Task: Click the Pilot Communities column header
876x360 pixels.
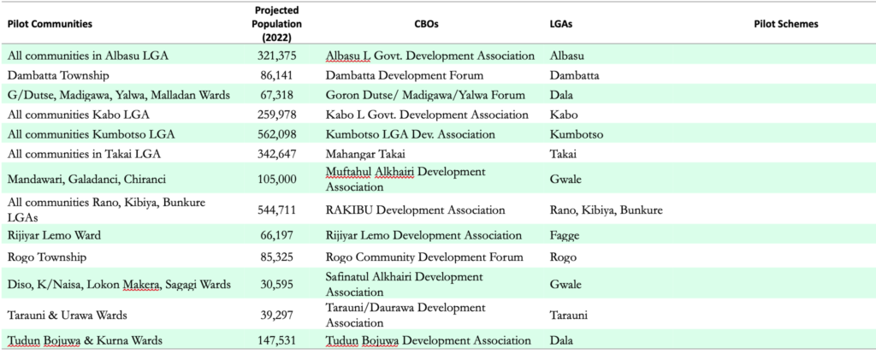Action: (x=50, y=24)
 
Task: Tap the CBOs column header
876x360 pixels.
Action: (x=429, y=24)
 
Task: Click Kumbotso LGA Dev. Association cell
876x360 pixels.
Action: (x=411, y=134)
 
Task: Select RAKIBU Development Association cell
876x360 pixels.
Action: (x=415, y=210)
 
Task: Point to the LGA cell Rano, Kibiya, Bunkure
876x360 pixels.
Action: (x=606, y=210)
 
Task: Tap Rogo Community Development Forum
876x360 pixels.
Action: (x=424, y=257)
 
